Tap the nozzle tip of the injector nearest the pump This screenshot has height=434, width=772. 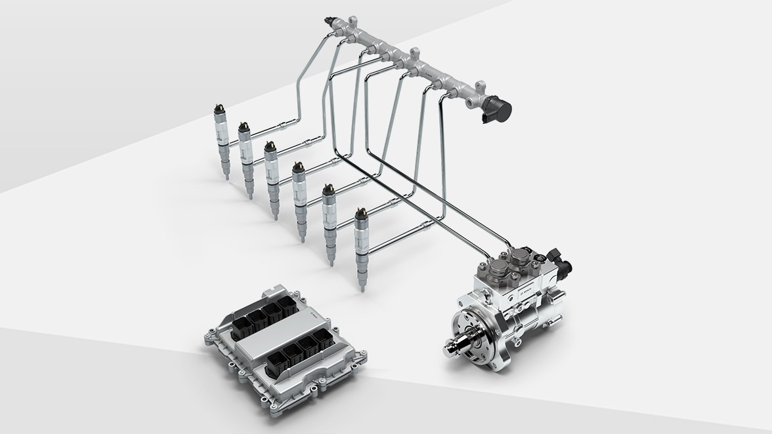coord(362,284)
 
